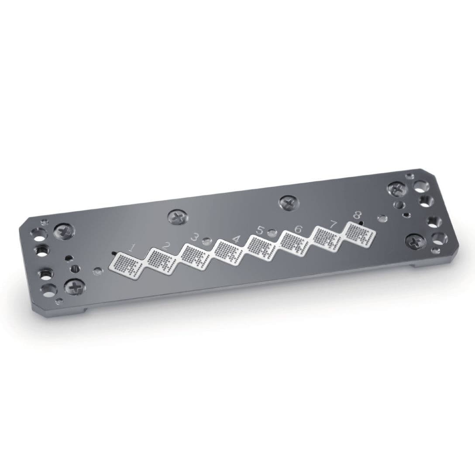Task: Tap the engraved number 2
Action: point(165,245)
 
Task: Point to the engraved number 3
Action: point(195,237)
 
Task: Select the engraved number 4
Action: point(236,239)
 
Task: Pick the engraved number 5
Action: point(260,230)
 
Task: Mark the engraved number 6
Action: point(299,229)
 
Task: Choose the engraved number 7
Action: point(334,224)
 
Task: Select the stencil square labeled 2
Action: point(160,260)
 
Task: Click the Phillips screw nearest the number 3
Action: point(177,217)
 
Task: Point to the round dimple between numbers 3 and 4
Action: point(206,241)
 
